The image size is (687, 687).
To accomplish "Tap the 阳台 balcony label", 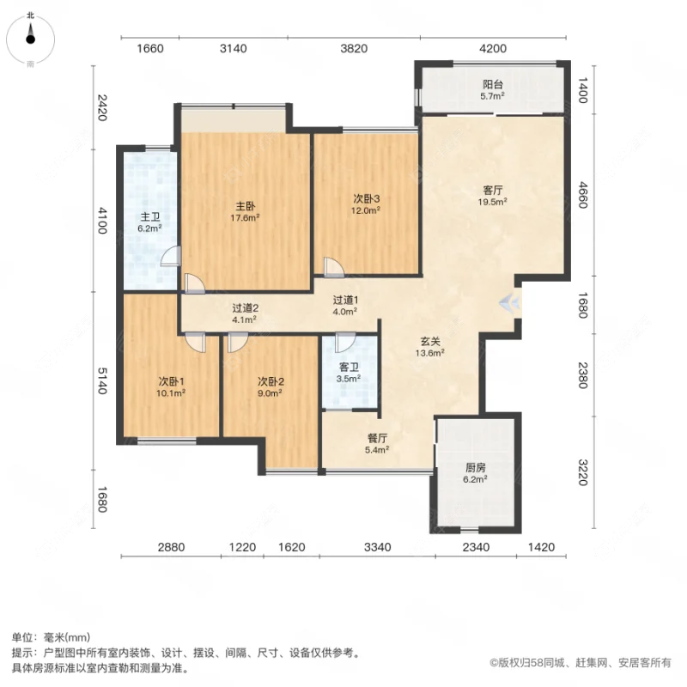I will [493, 85].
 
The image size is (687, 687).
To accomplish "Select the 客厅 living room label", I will [492, 192].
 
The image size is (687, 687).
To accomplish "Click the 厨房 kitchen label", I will [476, 468].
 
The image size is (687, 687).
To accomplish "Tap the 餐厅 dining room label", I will [378, 436].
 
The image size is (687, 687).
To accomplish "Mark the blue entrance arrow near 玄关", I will [510, 303].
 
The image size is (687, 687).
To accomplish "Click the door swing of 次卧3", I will [331, 266].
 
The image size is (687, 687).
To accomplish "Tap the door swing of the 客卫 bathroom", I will [344, 343].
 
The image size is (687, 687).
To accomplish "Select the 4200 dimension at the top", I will [493, 49].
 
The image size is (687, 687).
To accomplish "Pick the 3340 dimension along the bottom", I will [377, 547].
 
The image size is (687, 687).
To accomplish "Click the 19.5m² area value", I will [493, 203].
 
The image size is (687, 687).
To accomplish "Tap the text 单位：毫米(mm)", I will [51, 637].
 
